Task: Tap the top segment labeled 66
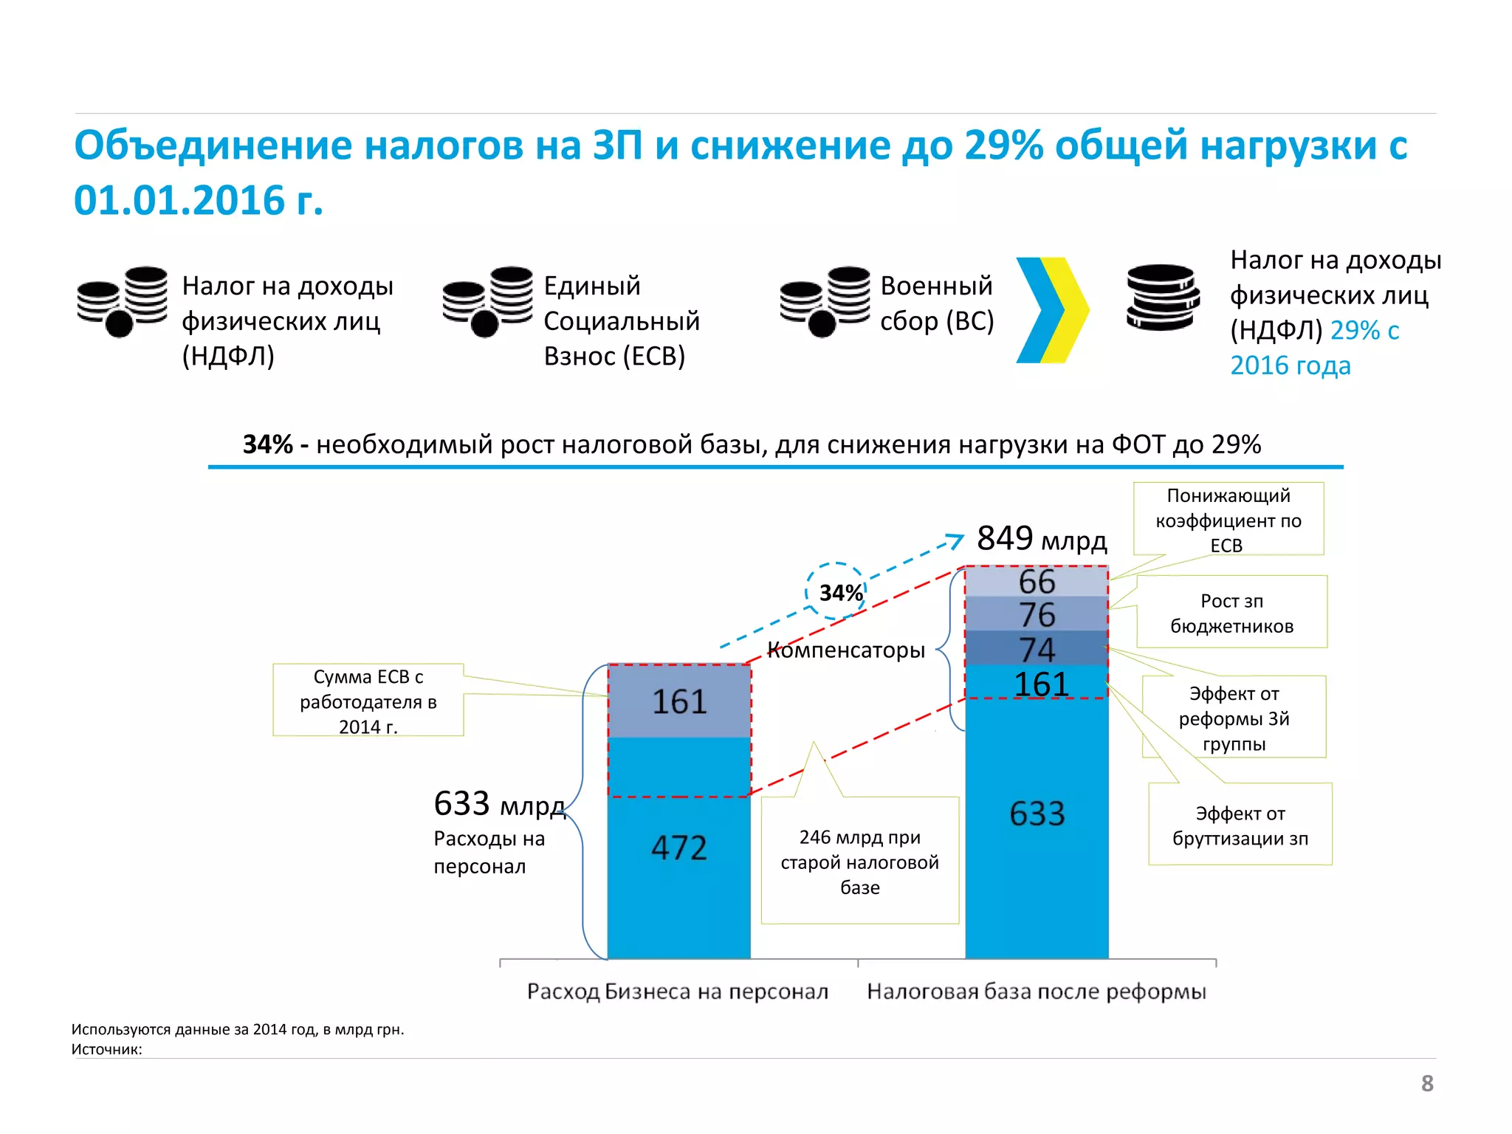click(1037, 581)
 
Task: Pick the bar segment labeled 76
click(1037, 614)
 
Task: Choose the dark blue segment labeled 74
click(1037, 648)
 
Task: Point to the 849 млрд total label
click(1041, 539)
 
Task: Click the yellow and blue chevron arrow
click(1052, 310)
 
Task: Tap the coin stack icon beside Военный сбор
click(825, 301)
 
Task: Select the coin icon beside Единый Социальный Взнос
click(487, 301)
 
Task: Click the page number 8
click(1427, 1083)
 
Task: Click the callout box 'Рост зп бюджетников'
click(1231, 613)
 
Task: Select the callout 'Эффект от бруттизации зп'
click(1240, 825)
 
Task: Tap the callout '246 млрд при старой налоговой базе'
click(859, 862)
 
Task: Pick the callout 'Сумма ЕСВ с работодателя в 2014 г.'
click(368, 701)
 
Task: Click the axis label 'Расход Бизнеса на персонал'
click(677, 992)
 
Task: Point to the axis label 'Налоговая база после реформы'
click(1036, 992)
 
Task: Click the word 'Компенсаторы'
click(846, 650)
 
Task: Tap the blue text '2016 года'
click(1290, 365)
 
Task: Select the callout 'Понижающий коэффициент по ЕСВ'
click(1228, 519)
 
